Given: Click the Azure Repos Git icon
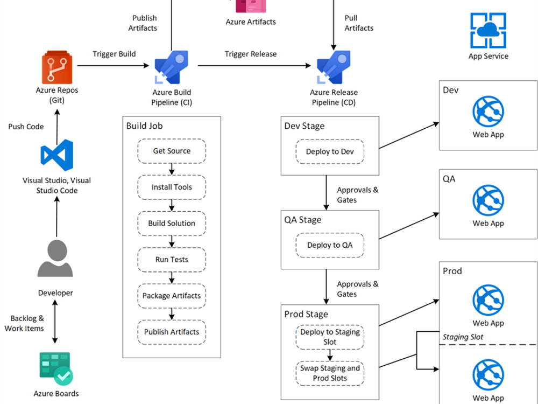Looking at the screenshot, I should tap(57, 67).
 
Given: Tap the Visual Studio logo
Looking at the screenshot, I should tap(57, 156).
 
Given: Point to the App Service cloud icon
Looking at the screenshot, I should tap(488, 31).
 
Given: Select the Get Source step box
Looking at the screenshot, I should tap(172, 151).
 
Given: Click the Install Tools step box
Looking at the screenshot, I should tap(172, 187).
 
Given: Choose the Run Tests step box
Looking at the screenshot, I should tap(172, 260).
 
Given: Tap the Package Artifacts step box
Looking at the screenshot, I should tap(172, 296).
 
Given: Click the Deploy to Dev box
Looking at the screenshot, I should tap(330, 152).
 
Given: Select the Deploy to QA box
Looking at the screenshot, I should tap(330, 245).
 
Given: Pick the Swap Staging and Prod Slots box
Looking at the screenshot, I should tap(330, 373).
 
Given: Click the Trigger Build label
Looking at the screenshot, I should tap(114, 54).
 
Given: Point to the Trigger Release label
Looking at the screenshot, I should tap(251, 54).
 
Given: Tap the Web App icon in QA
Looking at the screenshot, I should tap(488, 200).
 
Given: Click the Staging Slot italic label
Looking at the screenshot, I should tap(463, 337).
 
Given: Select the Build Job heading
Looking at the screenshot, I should tap(144, 126).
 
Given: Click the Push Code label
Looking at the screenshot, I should tap(26, 127).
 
